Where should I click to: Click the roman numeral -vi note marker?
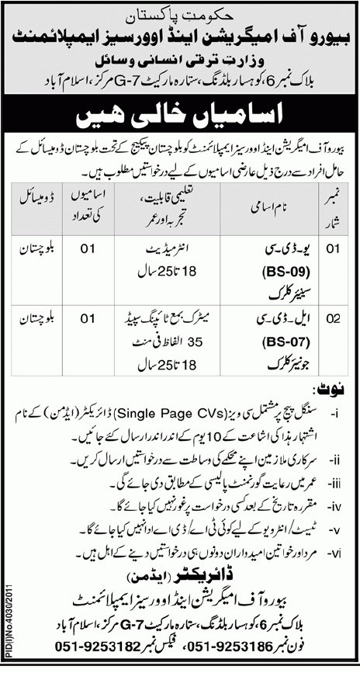click(341, 552)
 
